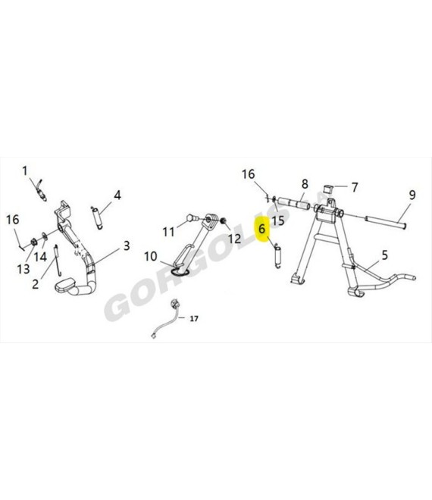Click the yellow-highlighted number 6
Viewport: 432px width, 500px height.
tap(262, 229)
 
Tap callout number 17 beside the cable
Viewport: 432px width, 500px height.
tap(194, 318)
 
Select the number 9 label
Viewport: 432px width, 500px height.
tap(412, 195)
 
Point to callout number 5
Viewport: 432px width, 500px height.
tap(385, 255)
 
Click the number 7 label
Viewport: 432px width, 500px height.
tap(355, 187)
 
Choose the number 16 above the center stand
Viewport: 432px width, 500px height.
tap(249, 174)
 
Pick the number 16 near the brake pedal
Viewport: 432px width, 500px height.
tap(13, 220)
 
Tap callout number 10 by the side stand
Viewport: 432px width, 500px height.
tap(151, 256)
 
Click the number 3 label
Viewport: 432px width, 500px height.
tap(127, 245)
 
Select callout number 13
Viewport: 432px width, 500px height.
tap(23, 269)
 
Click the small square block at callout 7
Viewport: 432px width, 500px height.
tap(327, 189)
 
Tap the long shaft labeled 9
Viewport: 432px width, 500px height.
tap(386, 222)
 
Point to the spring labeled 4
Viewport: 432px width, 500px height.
tap(97, 217)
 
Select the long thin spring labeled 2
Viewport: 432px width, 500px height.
tap(58, 260)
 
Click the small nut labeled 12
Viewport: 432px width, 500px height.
tap(224, 220)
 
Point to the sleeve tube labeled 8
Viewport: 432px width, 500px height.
tap(293, 204)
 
